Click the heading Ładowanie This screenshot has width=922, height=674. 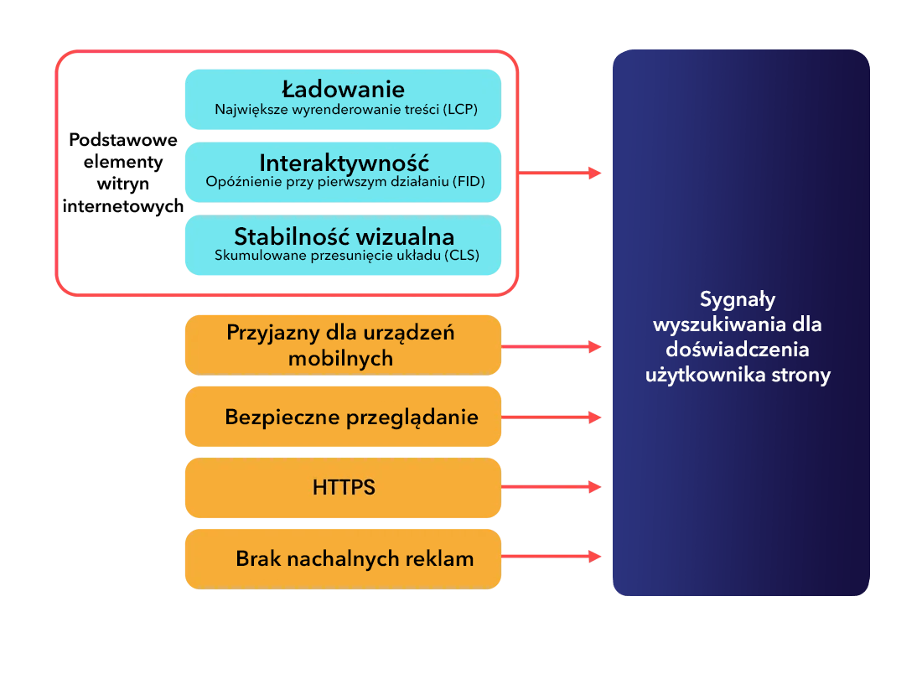pyautogui.click(x=344, y=90)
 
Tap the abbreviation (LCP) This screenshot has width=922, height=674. pyautogui.click(x=460, y=109)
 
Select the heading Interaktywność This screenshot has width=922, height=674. pyautogui.click(x=344, y=163)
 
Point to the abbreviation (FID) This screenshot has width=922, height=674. pyautogui.click(x=469, y=182)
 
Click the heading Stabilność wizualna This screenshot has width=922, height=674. pyautogui.click(x=344, y=236)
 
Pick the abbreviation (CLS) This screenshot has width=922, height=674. pyautogui.click(x=462, y=255)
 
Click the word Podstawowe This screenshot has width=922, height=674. pyautogui.click(x=123, y=140)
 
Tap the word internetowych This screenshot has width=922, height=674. pyautogui.click(x=123, y=206)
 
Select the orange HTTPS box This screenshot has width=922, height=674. pyautogui.click(x=344, y=488)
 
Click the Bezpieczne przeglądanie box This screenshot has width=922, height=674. pyautogui.click(x=344, y=417)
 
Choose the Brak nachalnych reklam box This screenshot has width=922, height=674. pyautogui.click(x=344, y=558)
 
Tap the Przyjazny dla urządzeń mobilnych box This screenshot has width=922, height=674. pyautogui.click(x=344, y=345)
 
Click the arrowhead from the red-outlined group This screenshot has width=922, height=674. pyautogui.click(x=595, y=173)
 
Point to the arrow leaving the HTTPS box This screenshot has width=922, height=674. pyautogui.click(x=552, y=487)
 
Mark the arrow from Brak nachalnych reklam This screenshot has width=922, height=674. pyautogui.click(x=552, y=557)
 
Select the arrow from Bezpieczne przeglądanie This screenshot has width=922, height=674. pyautogui.click(x=552, y=417)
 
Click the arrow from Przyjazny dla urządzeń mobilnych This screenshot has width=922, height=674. pyautogui.click(x=552, y=347)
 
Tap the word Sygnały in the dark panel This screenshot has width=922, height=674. pyautogui.click(x=738, y=300)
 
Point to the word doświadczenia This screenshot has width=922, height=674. pyautogui.click(x=738, y=350)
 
